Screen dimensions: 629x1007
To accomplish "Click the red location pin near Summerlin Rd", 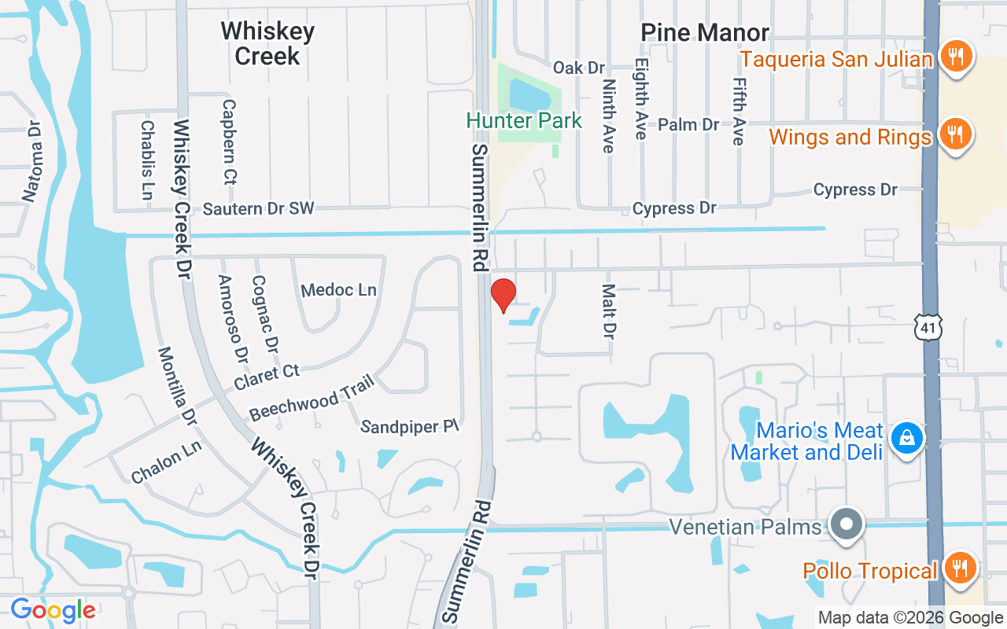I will coord(503,295).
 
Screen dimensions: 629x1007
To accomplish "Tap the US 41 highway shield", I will coord(928,327).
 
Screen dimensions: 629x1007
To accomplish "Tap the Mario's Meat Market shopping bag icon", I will coord(906,439).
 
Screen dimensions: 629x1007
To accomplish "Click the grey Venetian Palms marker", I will coord(847,524).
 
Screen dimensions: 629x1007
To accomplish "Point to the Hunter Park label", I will coord(524,120).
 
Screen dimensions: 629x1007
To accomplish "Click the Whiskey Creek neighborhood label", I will coord(267,43).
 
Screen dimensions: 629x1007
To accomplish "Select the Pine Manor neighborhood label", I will coord(705,33).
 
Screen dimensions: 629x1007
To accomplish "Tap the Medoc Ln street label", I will coord(339,290).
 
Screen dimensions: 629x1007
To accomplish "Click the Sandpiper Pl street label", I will coord(409,426).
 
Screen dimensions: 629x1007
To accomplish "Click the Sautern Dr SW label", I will coord(258,208).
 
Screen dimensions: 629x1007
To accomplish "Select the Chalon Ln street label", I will coord(167,462).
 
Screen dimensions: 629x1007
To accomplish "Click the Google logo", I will coord(53,610).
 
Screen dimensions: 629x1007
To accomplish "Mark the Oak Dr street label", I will coord(579,68).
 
